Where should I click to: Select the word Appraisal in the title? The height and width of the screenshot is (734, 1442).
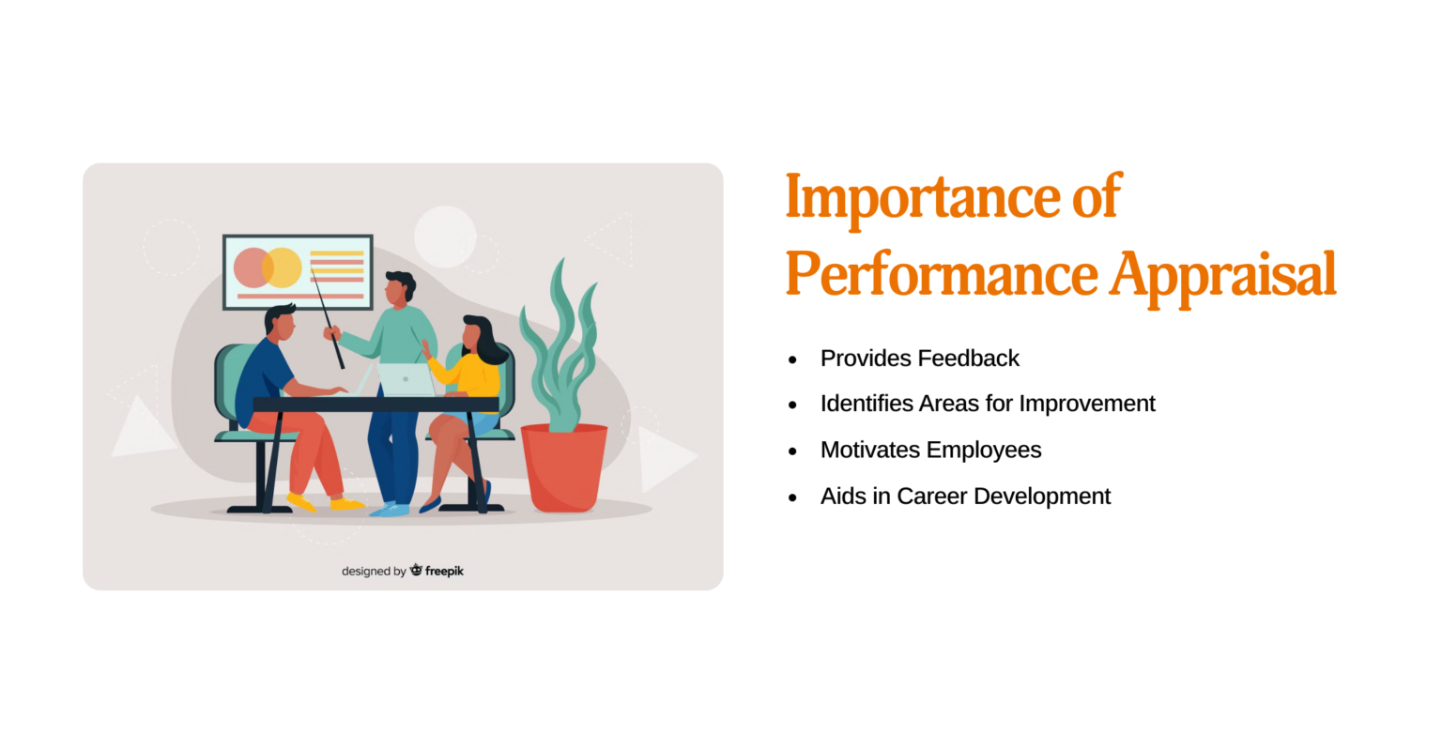tap(1222, 275)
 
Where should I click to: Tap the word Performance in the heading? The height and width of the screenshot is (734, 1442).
tap(941, 275)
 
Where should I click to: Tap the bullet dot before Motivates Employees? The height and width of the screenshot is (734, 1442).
tap(792, 451)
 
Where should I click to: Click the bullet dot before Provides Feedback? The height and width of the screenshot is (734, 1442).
tap(792, 359)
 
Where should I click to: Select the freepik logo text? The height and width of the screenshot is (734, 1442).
tap(443, 571)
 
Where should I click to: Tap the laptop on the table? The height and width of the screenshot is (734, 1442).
tap(406, 379)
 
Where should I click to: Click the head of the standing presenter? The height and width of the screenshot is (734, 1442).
tap(399, 287)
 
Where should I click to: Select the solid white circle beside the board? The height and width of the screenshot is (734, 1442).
tap(445, 237)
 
